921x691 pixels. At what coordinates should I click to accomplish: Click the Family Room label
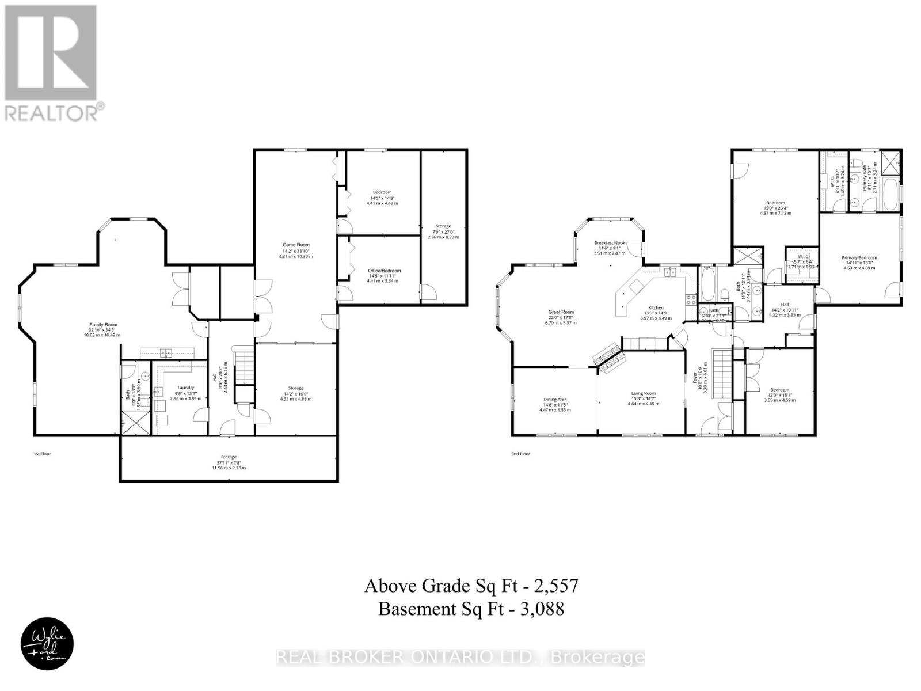pos(102,325)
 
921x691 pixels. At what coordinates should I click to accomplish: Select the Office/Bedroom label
pos(384,271)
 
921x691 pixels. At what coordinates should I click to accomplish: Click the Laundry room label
pos(185,388)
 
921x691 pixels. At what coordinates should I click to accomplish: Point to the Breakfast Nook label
pos(610,243)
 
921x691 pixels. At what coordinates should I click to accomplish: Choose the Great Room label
pos(561,312)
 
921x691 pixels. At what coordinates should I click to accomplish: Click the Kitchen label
pos(656,308)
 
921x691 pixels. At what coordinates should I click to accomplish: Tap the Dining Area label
pos(555,400)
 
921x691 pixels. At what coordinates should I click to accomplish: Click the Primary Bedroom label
pos(859,258)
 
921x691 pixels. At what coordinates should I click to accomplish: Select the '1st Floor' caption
pos(41,454)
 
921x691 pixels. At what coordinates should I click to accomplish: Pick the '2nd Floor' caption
pos(520,454)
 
